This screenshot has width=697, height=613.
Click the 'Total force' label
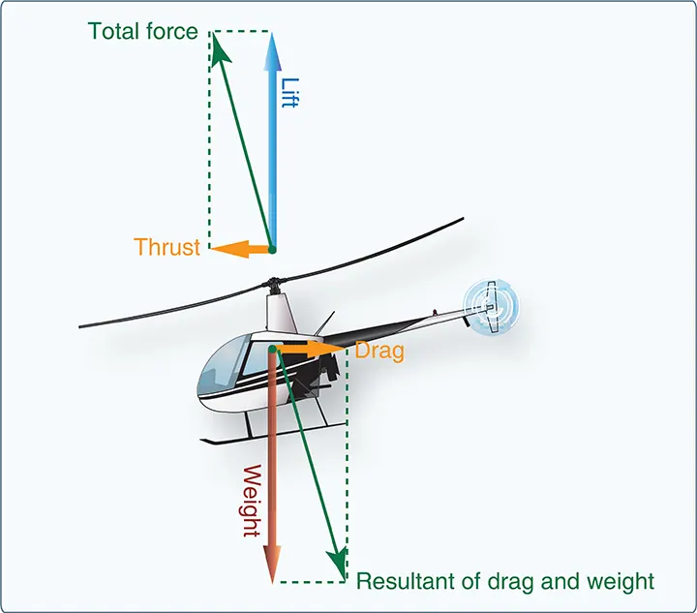142,31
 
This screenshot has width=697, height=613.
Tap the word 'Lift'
290,92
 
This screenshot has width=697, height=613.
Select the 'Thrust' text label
167,247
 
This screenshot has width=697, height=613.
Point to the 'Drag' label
379,351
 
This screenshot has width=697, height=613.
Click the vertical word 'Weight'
252,501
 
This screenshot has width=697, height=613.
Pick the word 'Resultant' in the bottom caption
418,581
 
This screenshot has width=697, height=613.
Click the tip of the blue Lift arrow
272,34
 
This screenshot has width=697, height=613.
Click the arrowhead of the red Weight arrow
272,565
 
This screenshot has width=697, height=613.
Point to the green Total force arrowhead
220,48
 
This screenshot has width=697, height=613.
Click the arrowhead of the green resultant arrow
338,564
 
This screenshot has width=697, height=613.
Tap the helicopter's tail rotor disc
491,307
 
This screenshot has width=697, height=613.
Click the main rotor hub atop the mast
272,284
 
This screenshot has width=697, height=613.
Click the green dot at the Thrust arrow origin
272,250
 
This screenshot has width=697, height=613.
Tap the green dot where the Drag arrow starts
272,350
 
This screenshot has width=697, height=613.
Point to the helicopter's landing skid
272,434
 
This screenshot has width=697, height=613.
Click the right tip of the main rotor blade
463,218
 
